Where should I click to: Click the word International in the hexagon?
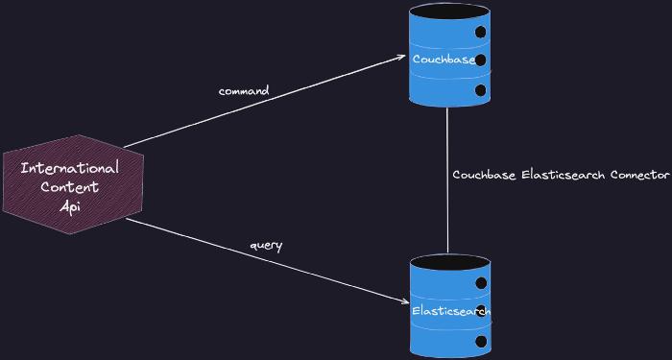click(70, 168)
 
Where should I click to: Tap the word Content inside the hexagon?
click(70, 186)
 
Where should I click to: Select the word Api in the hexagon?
click(69, 204)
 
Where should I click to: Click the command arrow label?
click(244, 91)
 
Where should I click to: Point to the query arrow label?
click(266, 245)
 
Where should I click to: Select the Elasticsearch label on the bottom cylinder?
click(450, 311)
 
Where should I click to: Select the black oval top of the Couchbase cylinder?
click(448, 12)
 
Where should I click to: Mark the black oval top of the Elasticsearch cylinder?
click(449, 262)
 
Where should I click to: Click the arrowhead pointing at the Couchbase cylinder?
click(401, 58)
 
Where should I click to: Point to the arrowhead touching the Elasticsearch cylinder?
click(404, 301)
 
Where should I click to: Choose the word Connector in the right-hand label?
click(638, 175)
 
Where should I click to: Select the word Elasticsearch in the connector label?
click(564, 175)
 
